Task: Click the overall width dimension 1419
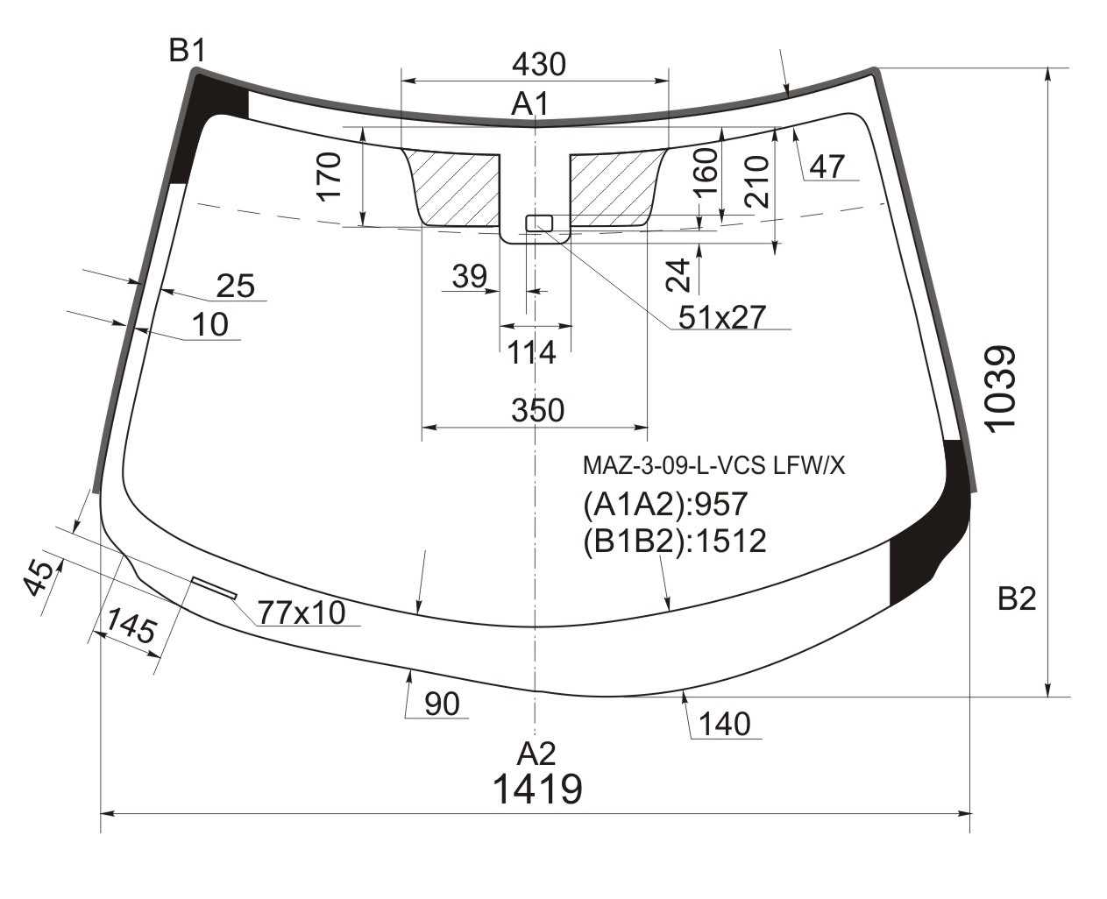click(x=537, y=789)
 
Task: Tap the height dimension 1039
click(x=1000, y=389)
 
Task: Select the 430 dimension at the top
click(x=539, y=65)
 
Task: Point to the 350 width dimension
click(x=537, y=410)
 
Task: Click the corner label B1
click(x=188, y=52)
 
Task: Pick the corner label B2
click(x=1017, y=598)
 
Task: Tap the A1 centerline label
click(x=529, y=103)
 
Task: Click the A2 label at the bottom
click(x=536, y=754)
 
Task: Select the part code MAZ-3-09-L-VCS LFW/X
click(x=713, y=465)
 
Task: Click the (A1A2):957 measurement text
click(x=665, y=504)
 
